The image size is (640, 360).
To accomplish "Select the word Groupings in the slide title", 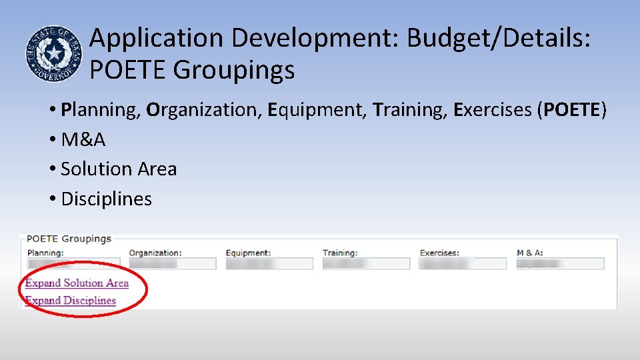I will pos(234,69).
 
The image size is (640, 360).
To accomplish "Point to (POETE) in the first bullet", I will pos(572,109).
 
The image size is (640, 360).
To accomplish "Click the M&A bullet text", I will pos(83,139).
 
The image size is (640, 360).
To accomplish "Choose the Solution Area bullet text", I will pos(119,169).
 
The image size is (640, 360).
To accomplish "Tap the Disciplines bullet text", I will pos(106,199).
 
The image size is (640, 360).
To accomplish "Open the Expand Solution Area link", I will pos(77,283).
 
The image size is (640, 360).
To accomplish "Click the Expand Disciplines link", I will pos(70,301).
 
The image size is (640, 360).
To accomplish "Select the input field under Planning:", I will pos(73,264).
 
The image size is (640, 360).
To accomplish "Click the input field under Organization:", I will pos(172,264).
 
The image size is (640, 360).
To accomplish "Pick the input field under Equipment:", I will pos(269,264).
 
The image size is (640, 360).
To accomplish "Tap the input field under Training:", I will pos(366,264).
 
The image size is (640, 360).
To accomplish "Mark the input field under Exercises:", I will pos(463,264).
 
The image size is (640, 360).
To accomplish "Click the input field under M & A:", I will pos(560,264).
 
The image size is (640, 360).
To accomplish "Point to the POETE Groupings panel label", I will pos(69,239).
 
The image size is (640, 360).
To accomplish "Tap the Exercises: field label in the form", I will pos(439,253).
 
